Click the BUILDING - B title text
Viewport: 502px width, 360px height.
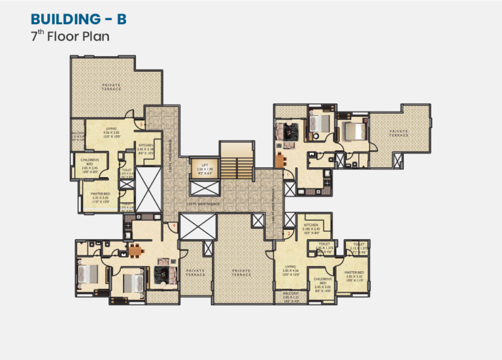(78, 19)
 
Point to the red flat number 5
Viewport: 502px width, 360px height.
(141, 123)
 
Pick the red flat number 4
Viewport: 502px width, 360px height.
(173, 227)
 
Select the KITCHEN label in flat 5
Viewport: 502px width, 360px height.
(145, 144)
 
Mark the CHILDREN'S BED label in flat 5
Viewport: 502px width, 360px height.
(90, 161)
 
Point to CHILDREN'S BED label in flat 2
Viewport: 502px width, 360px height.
(323, 280)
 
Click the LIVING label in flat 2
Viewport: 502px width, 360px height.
(290, 267)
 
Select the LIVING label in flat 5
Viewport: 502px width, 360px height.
(111, 129)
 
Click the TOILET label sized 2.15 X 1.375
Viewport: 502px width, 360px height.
(359, 245)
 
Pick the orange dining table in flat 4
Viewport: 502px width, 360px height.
(135, 249)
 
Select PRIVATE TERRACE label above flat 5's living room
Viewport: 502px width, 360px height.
(111, 86)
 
